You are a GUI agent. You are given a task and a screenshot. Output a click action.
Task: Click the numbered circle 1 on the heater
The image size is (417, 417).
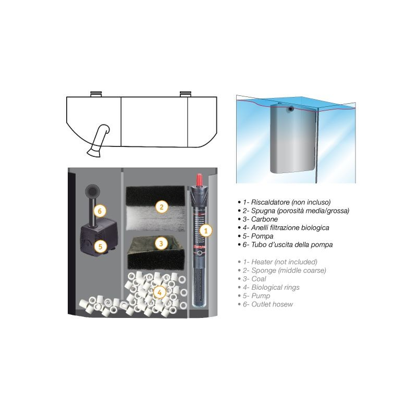[205, 229]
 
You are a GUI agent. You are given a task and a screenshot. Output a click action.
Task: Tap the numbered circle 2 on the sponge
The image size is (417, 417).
[162, 207]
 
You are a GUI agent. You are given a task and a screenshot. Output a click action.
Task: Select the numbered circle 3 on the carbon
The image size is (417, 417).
[162, 243]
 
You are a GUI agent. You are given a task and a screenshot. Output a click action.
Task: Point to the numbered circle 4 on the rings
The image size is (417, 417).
[159, 292]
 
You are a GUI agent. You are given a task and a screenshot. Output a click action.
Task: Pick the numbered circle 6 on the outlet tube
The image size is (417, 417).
[101, 211]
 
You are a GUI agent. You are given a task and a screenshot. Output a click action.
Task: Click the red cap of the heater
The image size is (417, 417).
[198, 179]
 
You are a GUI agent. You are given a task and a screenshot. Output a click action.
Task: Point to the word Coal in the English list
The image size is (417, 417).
[259, 278]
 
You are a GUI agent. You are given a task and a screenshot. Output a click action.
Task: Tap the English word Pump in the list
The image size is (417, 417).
[261, 296]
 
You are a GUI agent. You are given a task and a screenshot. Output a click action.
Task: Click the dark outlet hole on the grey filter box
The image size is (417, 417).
[291, 109]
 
